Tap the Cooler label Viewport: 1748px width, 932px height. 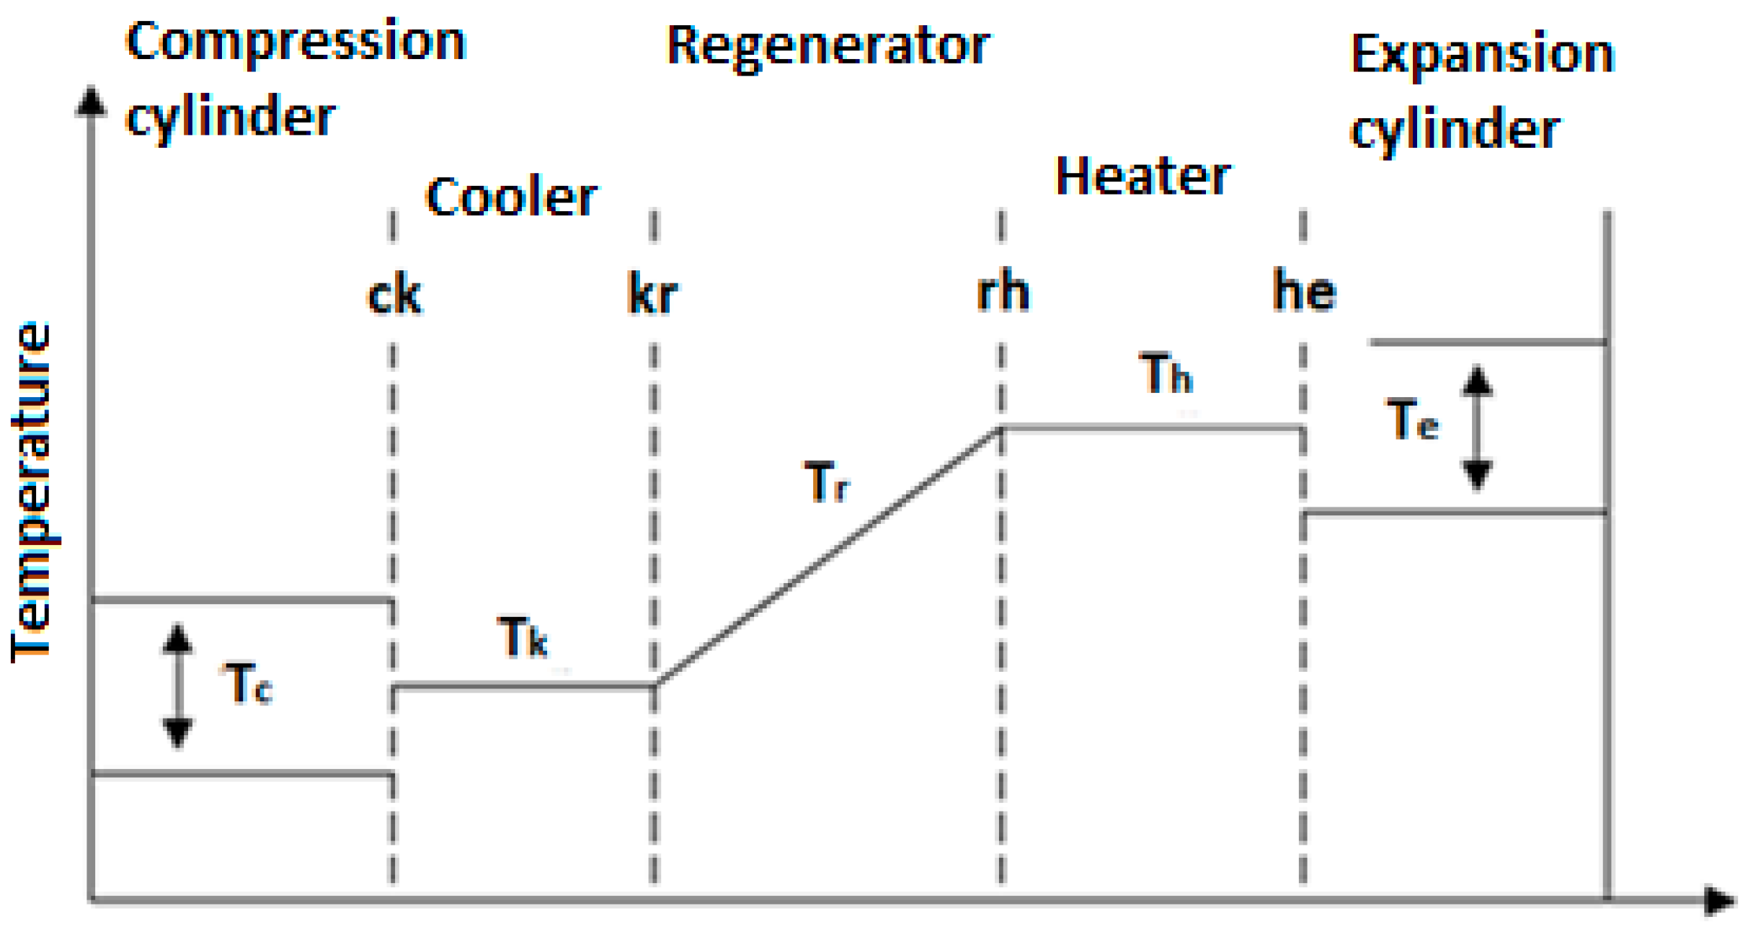[x=511, y=197]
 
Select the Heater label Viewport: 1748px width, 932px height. [x=1143, y=177]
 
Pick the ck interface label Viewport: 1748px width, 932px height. [x=394, y=296]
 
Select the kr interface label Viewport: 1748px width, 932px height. [x=652, y=294]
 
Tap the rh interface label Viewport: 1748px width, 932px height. [x=1003, y=292]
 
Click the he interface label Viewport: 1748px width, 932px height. [x=1304, y=291]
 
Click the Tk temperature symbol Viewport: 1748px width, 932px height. [x=523, y=637]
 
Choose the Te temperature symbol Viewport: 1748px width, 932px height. [x=1412, y=420]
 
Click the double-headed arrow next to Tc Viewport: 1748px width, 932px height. [x=177, y=685]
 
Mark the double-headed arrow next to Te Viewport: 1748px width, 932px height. [x=1477, y=427]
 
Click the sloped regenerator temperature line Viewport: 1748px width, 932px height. [x=829, y=556]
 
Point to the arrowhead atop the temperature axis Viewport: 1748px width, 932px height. [x=92, y=101]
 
